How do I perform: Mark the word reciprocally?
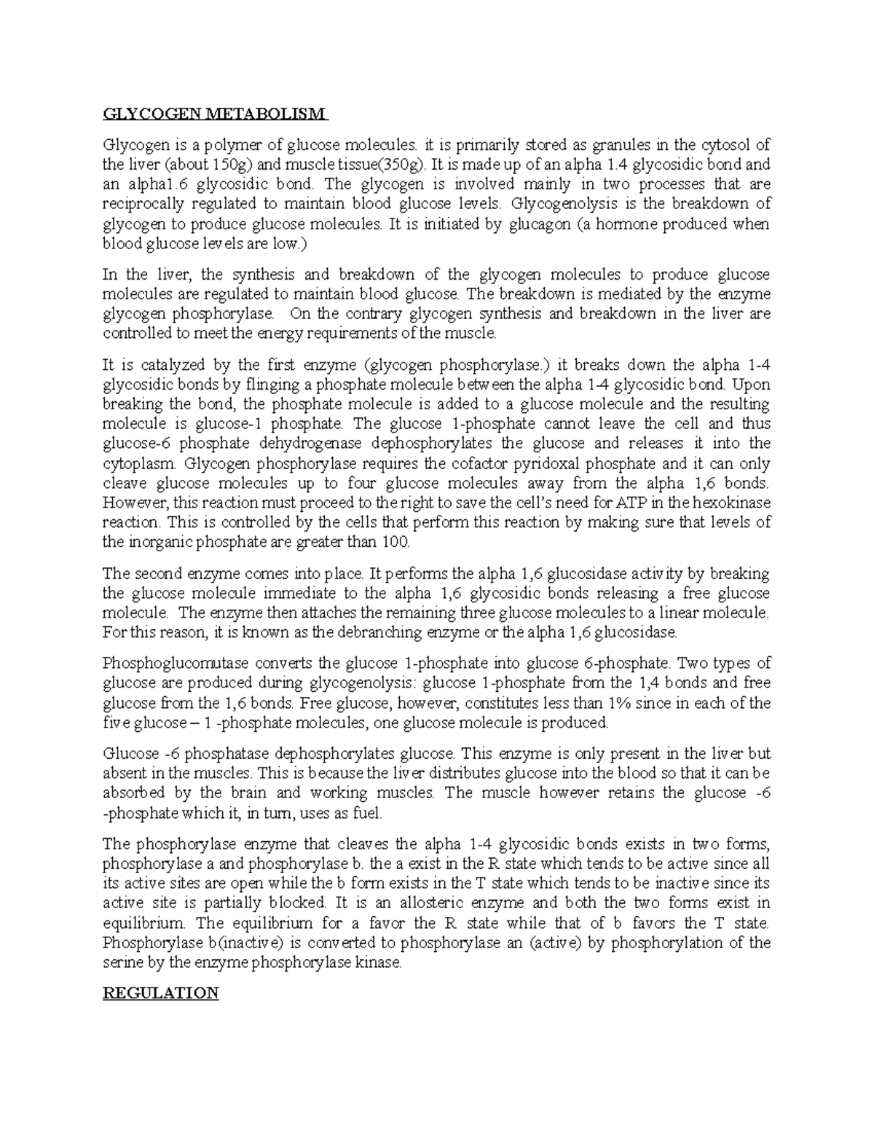pos(146,204)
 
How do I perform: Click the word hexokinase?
pos(732,503)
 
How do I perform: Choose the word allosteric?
pos(480,903)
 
